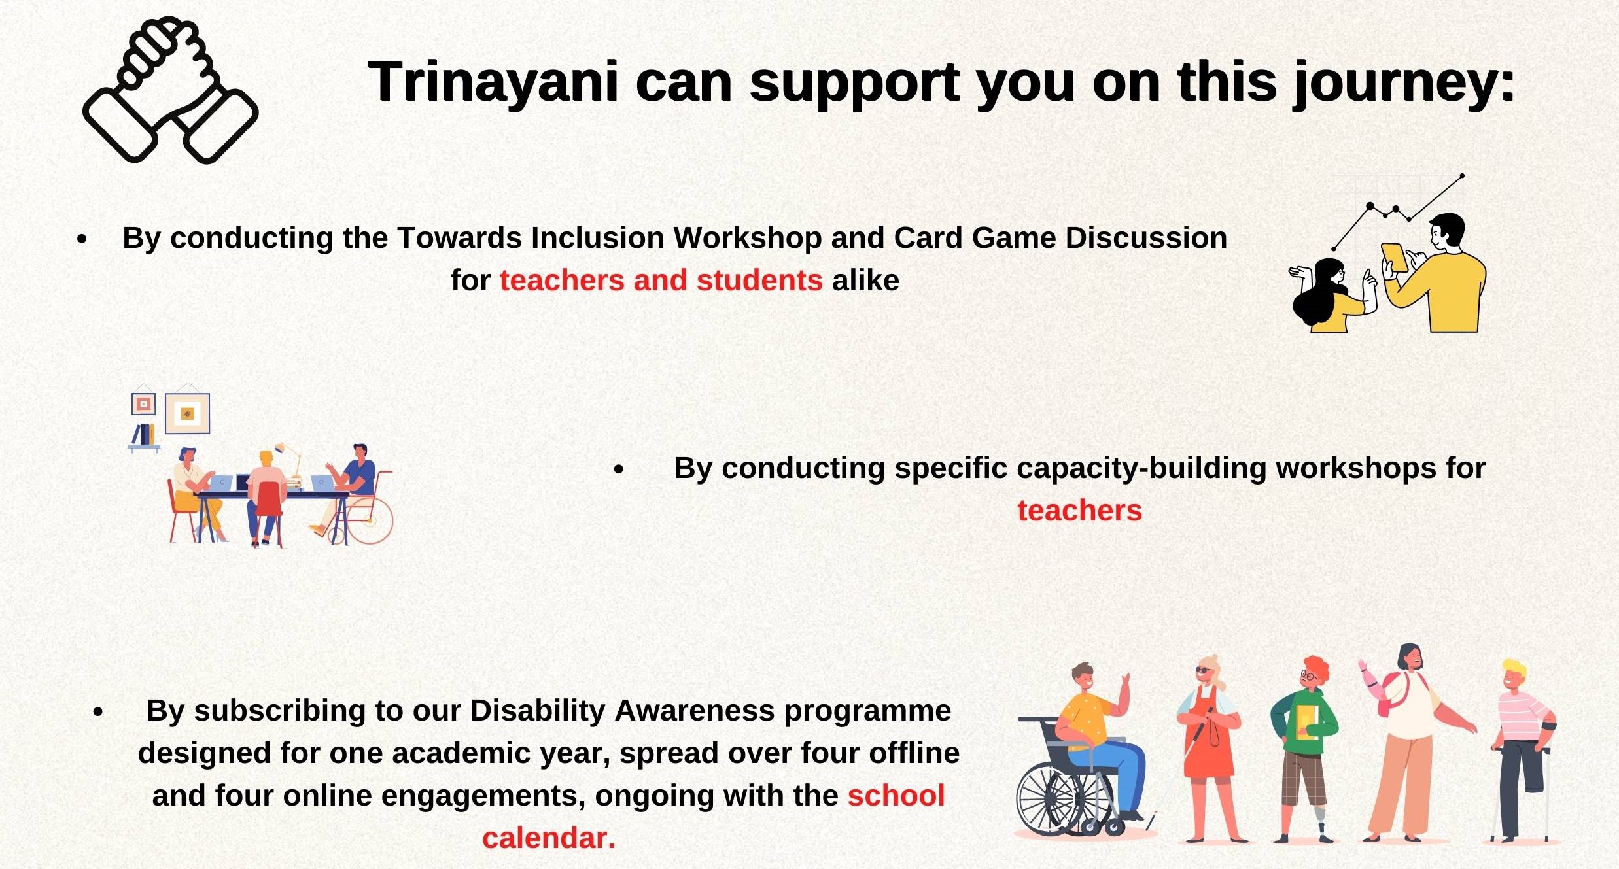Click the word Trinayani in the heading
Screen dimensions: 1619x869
pyautogui.click(x=493, y=82)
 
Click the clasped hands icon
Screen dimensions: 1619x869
pyautogui.click(x=171, y=90)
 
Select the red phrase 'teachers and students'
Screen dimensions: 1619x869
pyautogui.click(x=661, y=281)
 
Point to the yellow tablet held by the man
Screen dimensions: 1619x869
pyautogui.click(x=1394, y=258)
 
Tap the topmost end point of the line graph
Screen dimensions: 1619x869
pyautogui.click(x=1463, y=176)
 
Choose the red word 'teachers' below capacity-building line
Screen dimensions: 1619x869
pyautogui.click(x=1079, y=511)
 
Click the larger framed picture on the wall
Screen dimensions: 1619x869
pyautogui.click(x=188, y=413)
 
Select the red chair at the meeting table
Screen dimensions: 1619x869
pyautogui.click(x=268, y=510)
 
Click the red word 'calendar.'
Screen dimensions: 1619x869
pyautogui.click(x=549, y=838)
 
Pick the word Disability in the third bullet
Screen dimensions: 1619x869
pyautogui.click(x=538, y=711)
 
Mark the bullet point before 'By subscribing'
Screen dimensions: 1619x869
pyautogui.click(x=98, y=712)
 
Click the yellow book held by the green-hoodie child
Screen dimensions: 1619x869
pyautogui.click(x=1306, y=722)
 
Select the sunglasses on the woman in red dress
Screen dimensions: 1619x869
pyautogui.click(x=1204, y=671)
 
